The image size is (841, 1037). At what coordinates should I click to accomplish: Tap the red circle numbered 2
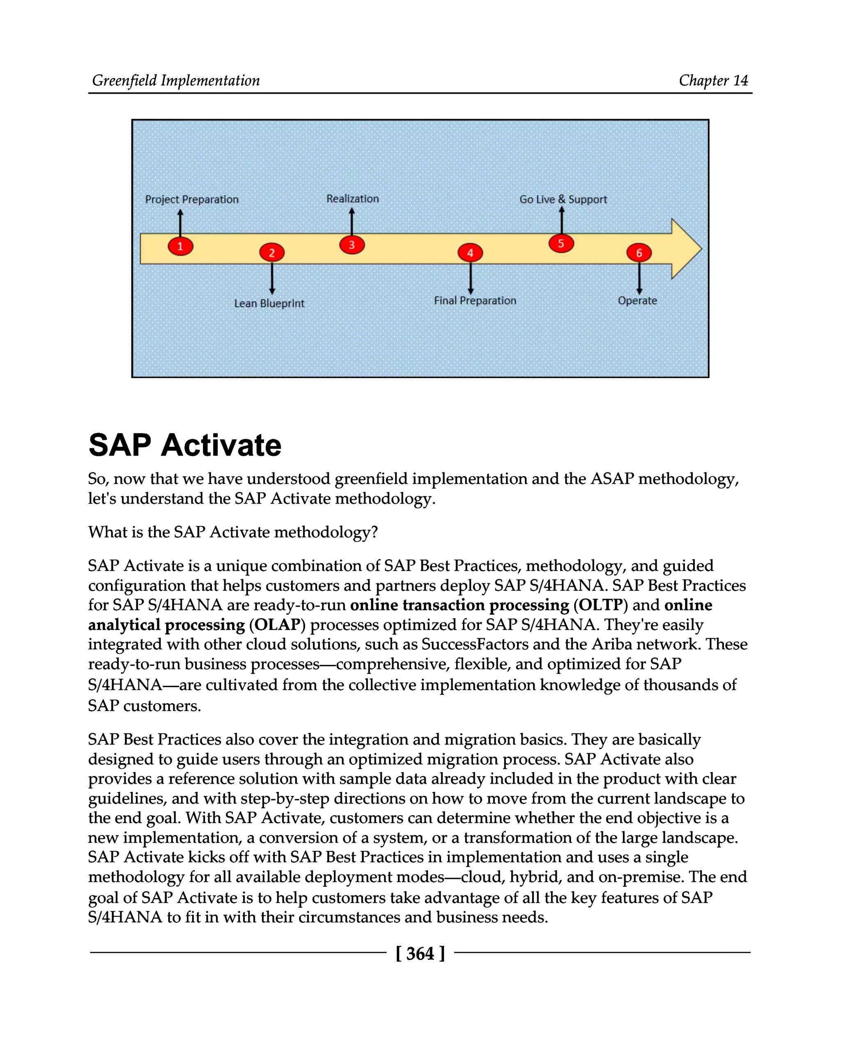click(272, 253)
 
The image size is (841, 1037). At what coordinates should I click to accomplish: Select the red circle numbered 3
click(352, 245)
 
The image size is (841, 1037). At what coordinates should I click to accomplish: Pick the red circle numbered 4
click(470, 253)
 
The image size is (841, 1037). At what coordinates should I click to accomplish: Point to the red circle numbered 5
click(561, 243)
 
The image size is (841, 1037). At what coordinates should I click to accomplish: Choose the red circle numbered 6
click(639, 253)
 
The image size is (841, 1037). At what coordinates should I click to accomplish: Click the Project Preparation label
click(192, 200)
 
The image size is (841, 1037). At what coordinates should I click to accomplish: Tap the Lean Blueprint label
click(269, 304)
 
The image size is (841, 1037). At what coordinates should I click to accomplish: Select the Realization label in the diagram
click(352, 199)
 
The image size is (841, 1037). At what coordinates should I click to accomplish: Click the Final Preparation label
click(475, 301)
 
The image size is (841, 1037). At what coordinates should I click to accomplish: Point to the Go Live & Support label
click(563, 199)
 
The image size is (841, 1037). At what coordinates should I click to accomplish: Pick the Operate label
click(637, 301)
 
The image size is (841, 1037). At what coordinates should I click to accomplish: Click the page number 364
click(420, 954)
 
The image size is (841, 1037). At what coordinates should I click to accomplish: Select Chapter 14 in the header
click(713, 80)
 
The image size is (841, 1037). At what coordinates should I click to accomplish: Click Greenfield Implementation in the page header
click(176, 80)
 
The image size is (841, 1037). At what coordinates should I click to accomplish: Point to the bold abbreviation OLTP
click(601, 605)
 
